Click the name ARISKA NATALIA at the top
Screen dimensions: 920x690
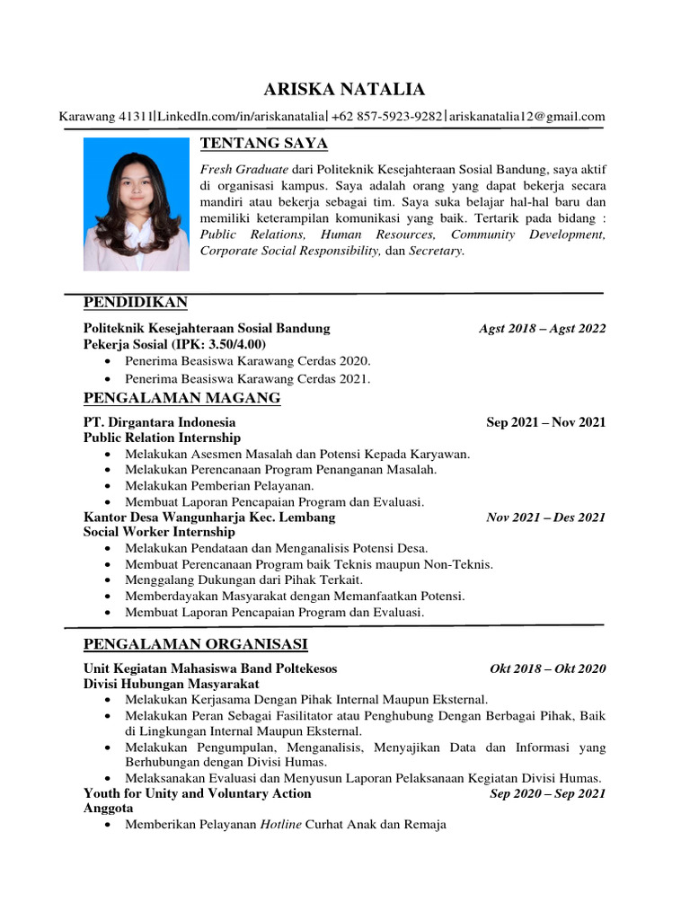344,89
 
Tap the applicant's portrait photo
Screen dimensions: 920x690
137,204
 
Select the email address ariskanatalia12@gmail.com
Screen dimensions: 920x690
527,116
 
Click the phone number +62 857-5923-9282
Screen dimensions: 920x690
387,116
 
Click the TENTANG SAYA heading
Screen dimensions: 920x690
263,144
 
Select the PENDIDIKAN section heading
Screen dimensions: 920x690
135,301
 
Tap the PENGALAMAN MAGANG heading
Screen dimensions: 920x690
181,398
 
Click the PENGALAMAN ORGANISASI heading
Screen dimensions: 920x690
195,644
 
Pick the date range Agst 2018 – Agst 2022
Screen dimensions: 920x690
543,329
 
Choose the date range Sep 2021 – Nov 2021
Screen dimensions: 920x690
545,422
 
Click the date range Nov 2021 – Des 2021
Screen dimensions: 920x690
545,517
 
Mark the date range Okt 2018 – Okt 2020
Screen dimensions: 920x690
547,668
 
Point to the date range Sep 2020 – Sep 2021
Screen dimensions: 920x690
547,793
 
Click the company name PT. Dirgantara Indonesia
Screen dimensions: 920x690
160,422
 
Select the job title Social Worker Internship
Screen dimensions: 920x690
159,533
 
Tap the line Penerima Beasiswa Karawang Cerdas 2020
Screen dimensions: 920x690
248,360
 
